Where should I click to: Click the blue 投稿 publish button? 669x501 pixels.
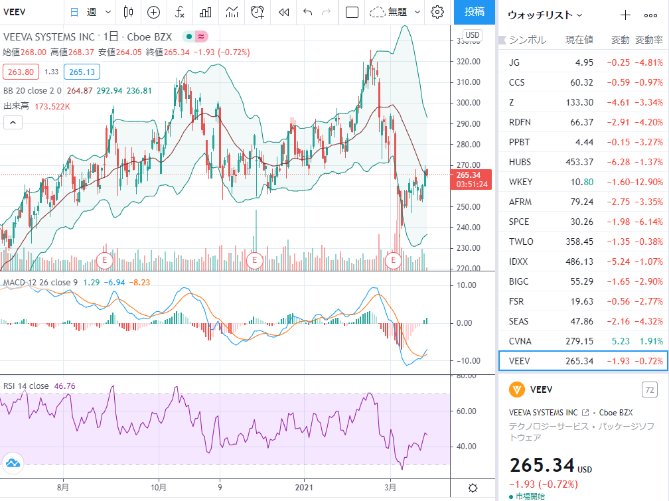[x=474, y=12]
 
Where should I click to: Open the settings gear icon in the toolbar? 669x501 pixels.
[x=437, y=12]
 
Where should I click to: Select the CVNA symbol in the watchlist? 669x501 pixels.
[x=520, y=341]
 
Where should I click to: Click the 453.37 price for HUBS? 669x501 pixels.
[x=579, y=162]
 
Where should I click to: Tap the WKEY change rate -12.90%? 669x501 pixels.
[x=648, y=182]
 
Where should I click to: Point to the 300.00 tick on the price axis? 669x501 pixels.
[x=468, y=103]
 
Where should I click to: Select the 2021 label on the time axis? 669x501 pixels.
[x=304, y=487]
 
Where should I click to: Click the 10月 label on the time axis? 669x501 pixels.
[x=159, y=487]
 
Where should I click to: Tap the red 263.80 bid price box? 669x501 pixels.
[x=21, y=72]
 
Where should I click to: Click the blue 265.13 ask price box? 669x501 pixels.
[x=82, y=72]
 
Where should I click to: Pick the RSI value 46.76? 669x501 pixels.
[x=65, y=386]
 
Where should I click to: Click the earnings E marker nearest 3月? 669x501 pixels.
[x=393, y=260]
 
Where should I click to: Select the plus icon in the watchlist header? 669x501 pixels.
[x=625, y=15]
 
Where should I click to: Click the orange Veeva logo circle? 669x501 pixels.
[x=517, y=390]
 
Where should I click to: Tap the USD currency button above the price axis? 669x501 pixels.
[x=473, y=35]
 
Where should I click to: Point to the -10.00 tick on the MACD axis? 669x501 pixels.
[x=467, y=361]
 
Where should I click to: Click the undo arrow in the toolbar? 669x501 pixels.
[x=308, y=12]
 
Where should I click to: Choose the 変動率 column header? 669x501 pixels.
[x=649, y=40]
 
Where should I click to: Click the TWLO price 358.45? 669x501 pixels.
[x=579, y=242]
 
